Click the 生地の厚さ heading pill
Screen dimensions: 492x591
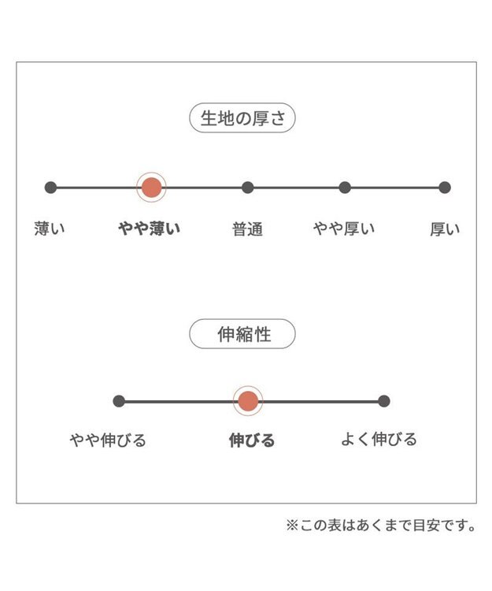242,117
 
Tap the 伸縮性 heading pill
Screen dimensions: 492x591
242,333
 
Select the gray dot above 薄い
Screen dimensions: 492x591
50,188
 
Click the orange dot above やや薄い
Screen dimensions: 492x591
151,188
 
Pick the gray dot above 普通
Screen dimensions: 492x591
247,188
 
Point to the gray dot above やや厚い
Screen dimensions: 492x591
345,188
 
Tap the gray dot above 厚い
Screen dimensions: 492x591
445,188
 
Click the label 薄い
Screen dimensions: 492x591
50,229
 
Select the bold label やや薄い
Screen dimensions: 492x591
150,229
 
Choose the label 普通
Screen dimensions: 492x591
247,229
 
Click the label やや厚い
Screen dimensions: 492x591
344,229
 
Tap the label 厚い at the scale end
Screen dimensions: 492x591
445,229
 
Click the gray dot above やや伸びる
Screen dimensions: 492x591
119,401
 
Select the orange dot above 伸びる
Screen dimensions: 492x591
248,401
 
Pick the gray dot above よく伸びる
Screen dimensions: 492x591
383,401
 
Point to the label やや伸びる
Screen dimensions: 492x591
108,440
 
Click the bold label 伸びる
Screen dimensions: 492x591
252,440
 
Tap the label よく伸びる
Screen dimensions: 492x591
379,439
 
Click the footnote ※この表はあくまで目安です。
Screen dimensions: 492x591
381,525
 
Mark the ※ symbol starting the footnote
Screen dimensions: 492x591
292,525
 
